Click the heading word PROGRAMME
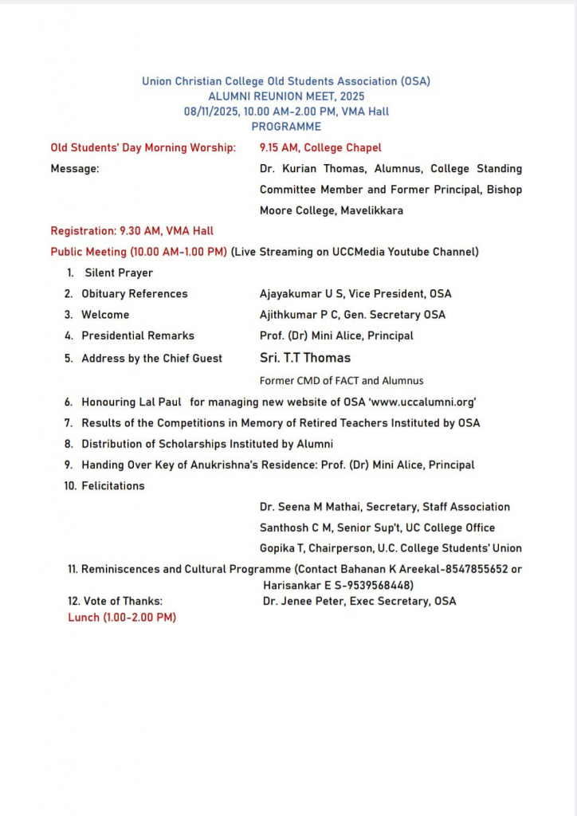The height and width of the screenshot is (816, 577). (x=286, y=127)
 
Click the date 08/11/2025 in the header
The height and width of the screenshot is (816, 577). (x=211, y=112)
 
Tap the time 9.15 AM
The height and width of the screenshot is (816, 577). (x=278, y=147)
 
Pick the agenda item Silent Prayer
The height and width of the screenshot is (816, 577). (x=119, y=273)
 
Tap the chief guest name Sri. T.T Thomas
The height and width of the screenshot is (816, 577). (x=305, y=358)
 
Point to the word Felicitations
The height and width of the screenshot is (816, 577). (x=113, y=486)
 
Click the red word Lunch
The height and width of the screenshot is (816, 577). (x=84, y=618)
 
